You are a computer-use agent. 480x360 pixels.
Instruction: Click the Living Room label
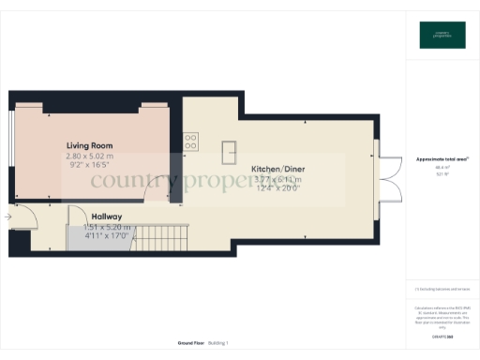coord(91,145)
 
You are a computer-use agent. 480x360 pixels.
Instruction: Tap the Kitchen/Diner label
coord(279,170)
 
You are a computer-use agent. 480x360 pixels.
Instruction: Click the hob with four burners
coord(190,142)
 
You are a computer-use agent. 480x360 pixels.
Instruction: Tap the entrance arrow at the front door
coord(8,217)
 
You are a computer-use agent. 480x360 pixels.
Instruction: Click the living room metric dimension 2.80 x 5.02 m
coord(91,156)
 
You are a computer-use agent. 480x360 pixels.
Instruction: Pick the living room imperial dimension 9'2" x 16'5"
coord(91,165)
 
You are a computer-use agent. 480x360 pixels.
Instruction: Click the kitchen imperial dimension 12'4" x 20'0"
coord(279,189)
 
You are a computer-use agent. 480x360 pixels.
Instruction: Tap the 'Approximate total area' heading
coord(440,159)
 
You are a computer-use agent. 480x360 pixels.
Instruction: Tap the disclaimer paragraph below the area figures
coord(440,314)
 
